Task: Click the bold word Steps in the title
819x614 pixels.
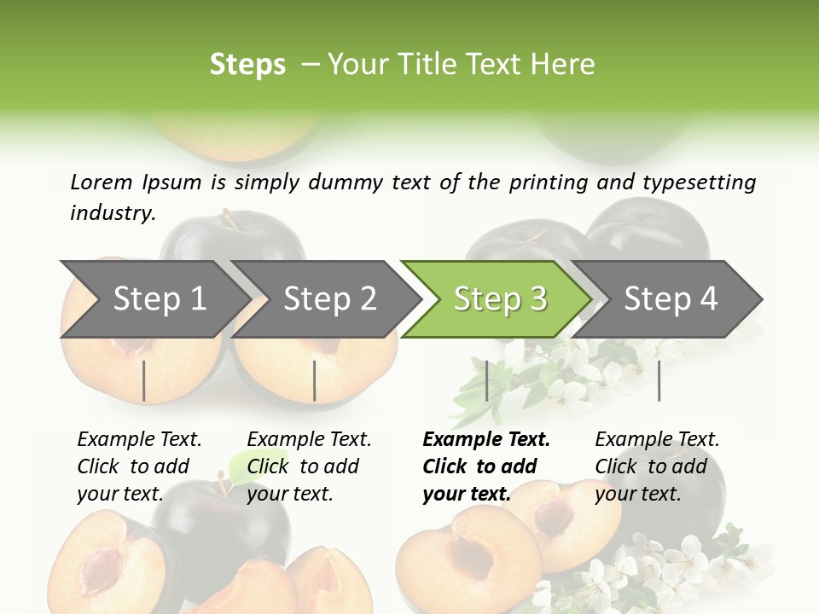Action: tap(247, 65)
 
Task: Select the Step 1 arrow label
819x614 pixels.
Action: tap(160, 298)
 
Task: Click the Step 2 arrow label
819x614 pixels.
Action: tap(330, 298)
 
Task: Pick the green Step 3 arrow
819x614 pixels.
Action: tap(500, 298)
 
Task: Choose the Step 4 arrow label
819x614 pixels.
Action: tap(671, 298)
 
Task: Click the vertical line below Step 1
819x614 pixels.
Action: tap(144, 380)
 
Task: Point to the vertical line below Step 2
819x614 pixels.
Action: tap(315, 380)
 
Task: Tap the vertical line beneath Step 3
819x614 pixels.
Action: tap(486, 380)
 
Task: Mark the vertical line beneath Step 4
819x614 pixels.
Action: tap(659, 380)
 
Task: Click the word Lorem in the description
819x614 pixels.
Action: tap(102, 182)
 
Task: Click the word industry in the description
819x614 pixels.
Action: tap(112, 213)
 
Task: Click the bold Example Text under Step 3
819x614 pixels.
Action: tap(486, 439)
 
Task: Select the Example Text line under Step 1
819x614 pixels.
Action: tap(139, 439)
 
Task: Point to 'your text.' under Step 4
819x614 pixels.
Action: tap(637, 494)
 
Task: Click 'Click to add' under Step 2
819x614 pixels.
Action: tap(302, 466)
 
